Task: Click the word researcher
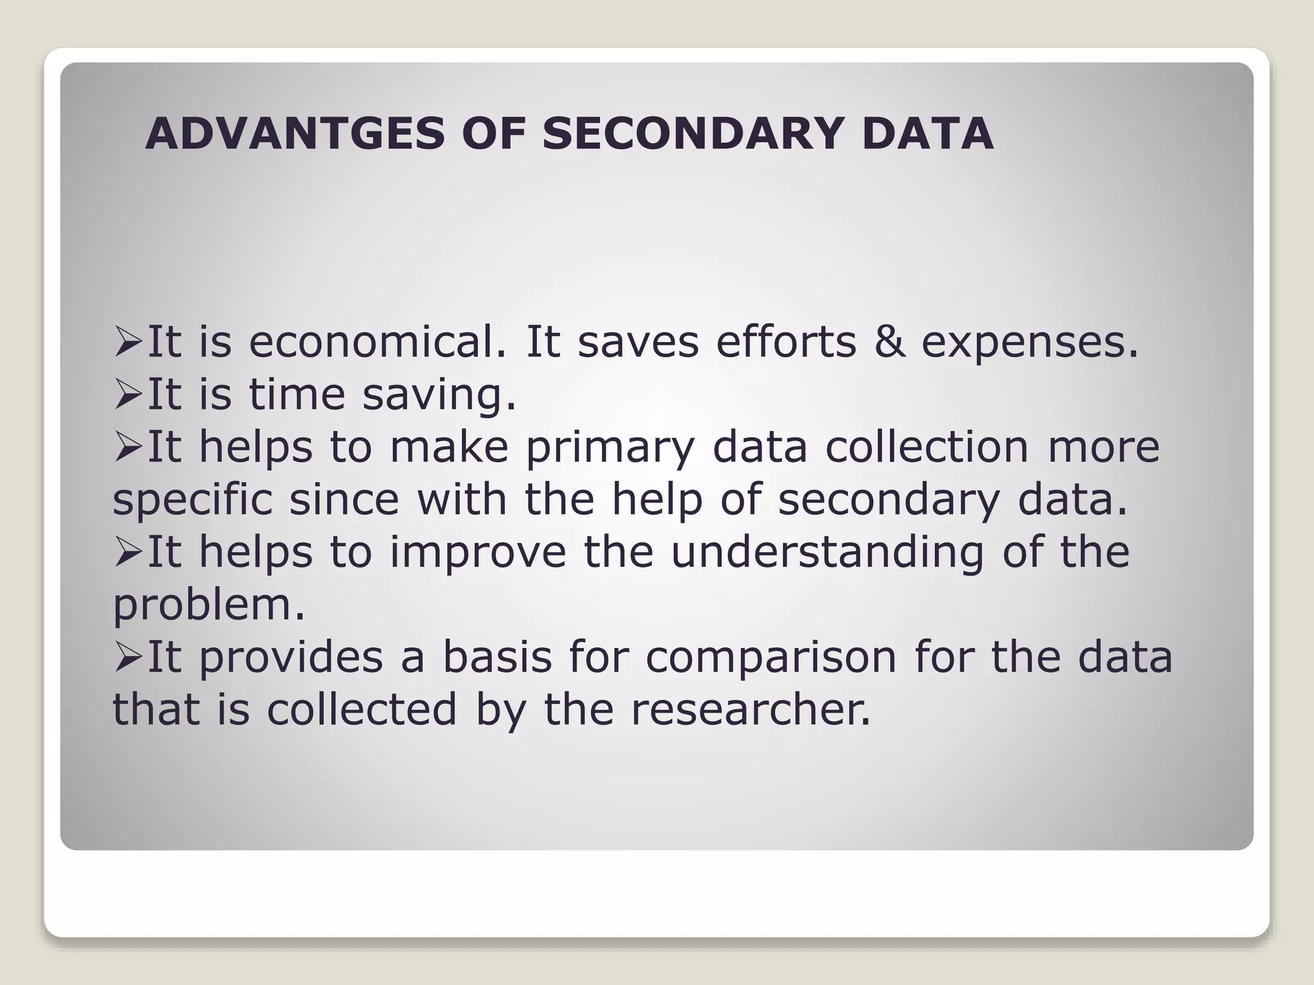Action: point(750,709)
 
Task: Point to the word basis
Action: point(497,657)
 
